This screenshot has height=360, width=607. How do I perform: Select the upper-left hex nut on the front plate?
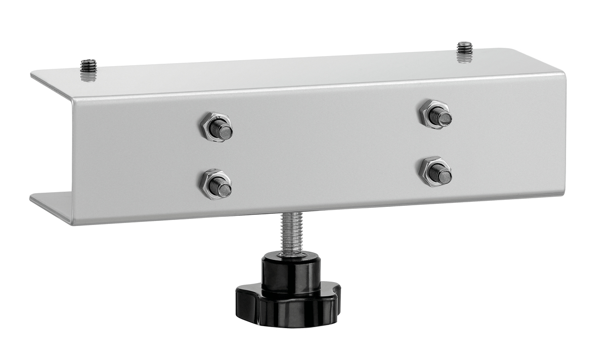tap(216, 127)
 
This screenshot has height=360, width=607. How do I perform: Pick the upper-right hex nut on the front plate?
tap(436, 115)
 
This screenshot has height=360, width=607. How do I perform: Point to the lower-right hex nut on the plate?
tap(436, 171)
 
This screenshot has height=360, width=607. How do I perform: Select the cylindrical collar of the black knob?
tap(291, 273)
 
